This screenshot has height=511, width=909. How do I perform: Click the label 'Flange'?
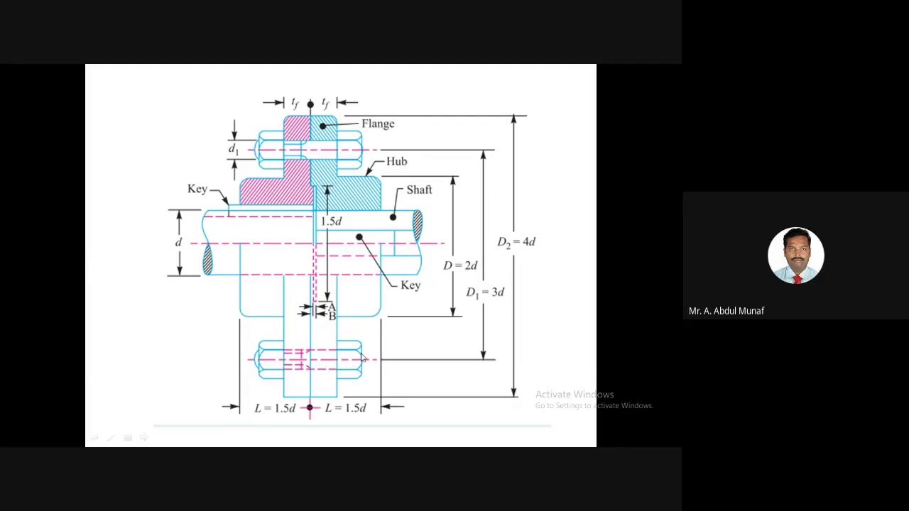pos(378,123)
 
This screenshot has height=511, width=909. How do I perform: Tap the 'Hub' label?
pos(396,161)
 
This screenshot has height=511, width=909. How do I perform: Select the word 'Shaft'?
pos(419,189)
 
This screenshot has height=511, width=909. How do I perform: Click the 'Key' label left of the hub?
pos(197,189)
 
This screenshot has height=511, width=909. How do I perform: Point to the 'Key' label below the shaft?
pos(410,285)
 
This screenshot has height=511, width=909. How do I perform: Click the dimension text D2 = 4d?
pos(516,242)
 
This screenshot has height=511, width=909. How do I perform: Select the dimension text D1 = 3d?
pos(485,292)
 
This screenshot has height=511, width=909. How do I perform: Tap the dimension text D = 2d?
pos(460,265)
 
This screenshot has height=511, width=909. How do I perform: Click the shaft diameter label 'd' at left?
pos(178,242)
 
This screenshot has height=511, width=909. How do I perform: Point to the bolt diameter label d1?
pos(234,149)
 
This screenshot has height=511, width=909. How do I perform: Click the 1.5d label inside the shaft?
pos(331,221)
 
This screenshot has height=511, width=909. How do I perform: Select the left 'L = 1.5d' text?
pos(275,408)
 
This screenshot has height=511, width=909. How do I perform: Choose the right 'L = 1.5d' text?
pos(345,408)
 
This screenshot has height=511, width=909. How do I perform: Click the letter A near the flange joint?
pos(332,307)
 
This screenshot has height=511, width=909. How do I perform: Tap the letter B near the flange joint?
pos(332,316)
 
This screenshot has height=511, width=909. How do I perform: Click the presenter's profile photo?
pos(796,255)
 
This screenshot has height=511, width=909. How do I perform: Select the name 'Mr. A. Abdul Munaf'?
pos(726,311)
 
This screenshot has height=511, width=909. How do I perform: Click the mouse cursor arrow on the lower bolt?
pos(363,357)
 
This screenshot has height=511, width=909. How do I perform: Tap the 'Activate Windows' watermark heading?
pos(575,394)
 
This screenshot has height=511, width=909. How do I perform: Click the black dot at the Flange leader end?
pos(323,126)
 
